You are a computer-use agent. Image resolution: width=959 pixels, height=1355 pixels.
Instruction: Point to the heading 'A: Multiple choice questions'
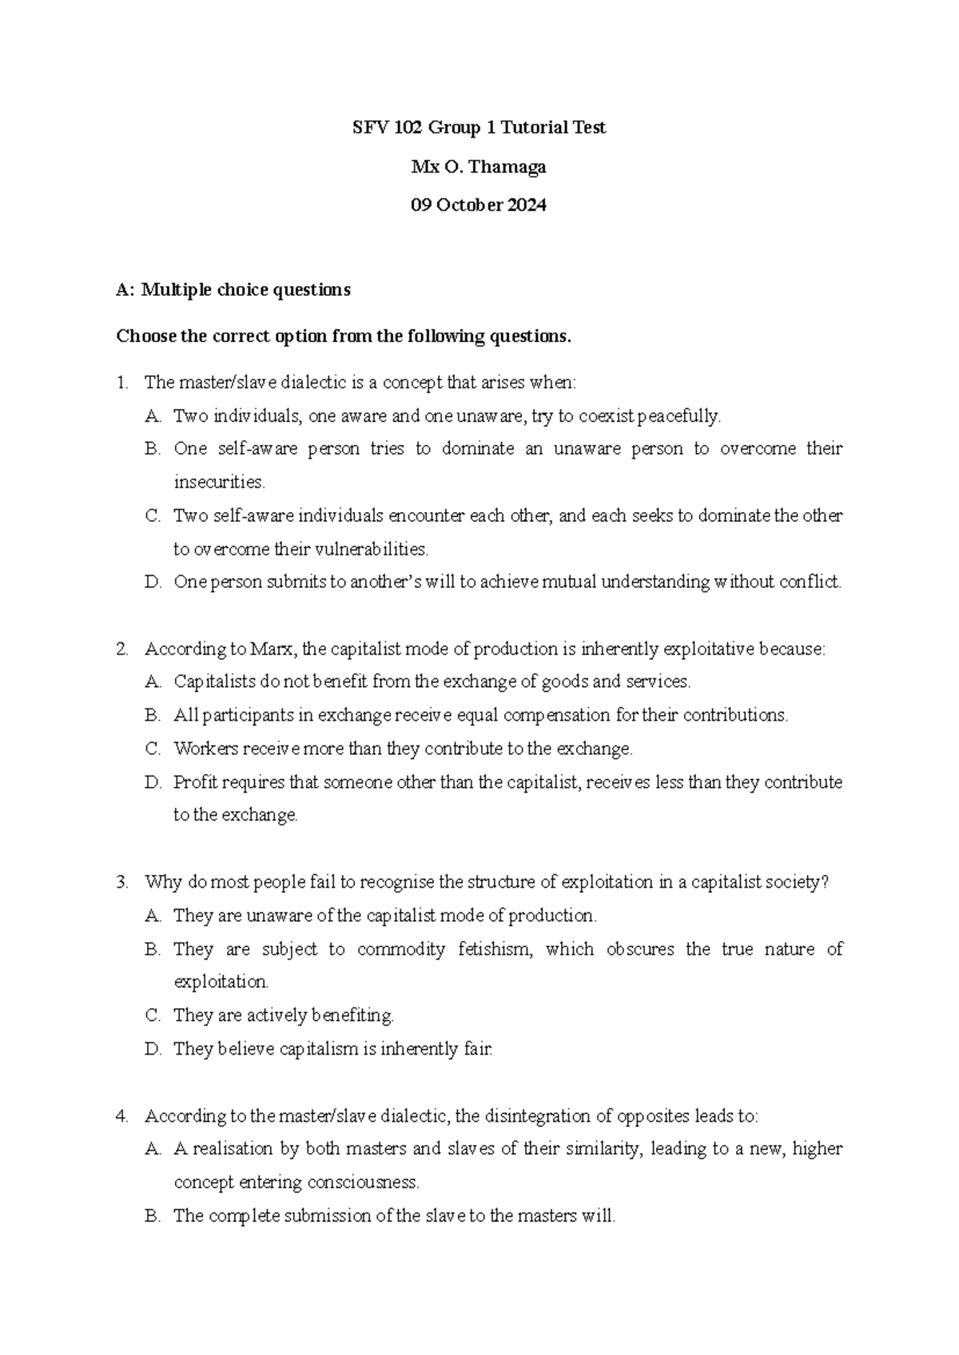[233, 290]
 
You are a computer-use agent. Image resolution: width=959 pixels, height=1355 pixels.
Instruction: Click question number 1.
[121, 383]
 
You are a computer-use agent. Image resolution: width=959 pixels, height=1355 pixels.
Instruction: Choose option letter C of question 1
[153, 516]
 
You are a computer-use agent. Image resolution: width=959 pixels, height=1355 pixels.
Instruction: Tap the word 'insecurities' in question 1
[217, 483]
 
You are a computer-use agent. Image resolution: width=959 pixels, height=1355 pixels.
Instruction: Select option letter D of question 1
[153, 582]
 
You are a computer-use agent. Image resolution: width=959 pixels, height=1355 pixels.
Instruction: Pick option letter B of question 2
[153, 716]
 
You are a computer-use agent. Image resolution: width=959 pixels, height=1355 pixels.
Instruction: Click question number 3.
[121, 883]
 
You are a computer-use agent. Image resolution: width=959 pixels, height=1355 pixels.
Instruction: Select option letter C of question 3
[153, 1016]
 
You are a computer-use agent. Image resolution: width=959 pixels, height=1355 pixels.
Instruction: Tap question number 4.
[121, 1116]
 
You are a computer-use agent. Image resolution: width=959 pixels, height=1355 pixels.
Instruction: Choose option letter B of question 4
[153, 1217]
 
